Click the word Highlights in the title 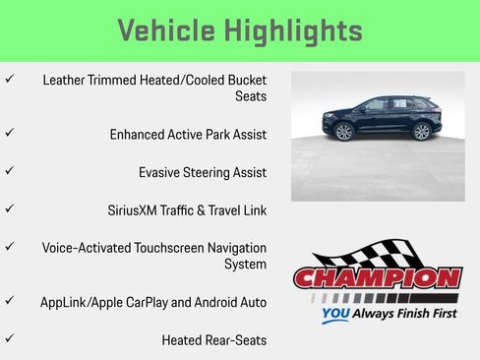[x=297, y=30]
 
